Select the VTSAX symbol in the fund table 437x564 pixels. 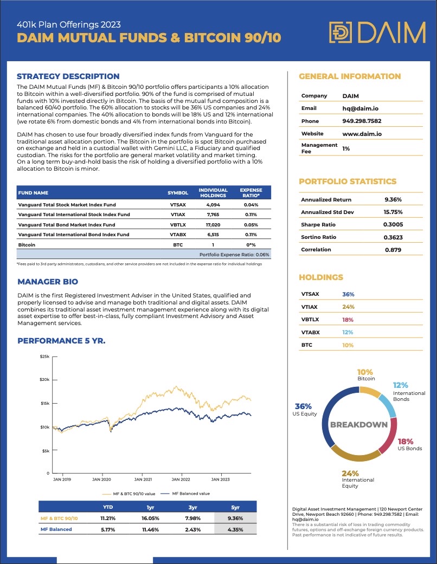(177, 205)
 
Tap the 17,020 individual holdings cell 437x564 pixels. (213, 225)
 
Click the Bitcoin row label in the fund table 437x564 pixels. (28, 244)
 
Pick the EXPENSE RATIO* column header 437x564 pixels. (250, 192)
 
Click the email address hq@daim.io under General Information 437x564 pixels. (361, 108)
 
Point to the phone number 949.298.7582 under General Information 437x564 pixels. (362, 121)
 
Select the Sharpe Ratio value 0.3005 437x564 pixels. (393, 224)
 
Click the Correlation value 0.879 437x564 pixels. (393, 250)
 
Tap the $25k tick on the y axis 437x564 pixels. (43, 356)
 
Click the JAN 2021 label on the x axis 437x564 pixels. (143, 479)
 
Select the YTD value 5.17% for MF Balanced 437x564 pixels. (108, 529)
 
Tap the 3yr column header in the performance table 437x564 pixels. (193, 508)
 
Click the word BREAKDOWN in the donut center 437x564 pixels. (359, 425)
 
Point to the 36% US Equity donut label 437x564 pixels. (303, 410)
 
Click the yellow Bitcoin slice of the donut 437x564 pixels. (370, 391)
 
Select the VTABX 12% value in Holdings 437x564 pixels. (348, 332)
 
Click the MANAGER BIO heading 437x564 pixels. (48, 282)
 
